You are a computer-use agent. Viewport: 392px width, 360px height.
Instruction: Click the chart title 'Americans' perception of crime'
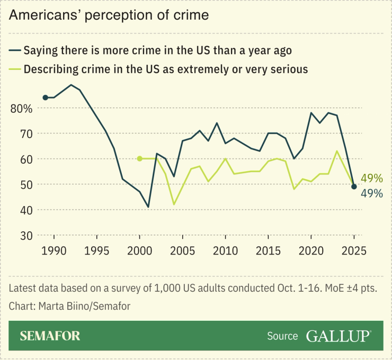[109, 15]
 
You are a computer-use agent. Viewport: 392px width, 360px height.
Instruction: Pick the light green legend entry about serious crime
[158, 69]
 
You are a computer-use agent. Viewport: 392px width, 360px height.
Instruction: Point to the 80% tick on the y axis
[22, 108]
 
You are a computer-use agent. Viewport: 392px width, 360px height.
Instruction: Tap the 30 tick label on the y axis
[25, 235]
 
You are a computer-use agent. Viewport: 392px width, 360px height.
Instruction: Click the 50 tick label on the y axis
[25, 185]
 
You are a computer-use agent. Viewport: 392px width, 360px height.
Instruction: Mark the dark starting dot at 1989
[45, 98]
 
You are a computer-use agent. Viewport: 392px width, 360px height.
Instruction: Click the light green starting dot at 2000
[139, 159]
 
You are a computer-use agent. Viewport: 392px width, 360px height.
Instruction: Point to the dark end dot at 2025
[354, 187]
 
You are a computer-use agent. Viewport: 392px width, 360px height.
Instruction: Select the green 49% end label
[371, 178]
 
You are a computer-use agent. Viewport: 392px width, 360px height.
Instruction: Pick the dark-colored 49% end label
[371, 194]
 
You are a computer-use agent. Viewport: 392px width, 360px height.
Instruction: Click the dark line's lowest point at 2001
[148, 207]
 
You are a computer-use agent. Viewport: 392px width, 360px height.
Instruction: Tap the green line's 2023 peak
[337, 151]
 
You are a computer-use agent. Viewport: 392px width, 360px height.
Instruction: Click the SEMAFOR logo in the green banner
[50, 336]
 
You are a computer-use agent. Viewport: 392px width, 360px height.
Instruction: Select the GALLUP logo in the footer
[338, 336]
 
